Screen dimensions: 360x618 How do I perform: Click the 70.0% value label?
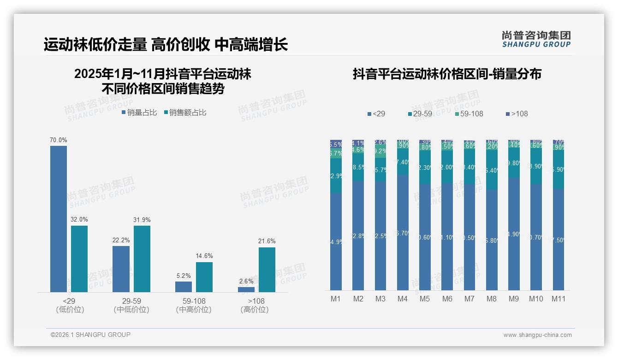coord(59,140)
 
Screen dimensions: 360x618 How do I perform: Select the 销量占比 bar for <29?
coord(59,219)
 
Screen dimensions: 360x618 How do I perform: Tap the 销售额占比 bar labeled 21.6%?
coord(267,270)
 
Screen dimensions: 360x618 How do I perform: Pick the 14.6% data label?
coord(204,256)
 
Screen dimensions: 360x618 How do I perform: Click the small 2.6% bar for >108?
coord(246,289)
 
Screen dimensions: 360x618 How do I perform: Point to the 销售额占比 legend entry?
coord(185,112)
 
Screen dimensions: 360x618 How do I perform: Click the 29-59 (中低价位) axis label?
coord(131,305)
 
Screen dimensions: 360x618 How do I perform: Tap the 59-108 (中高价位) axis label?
coord(194,305)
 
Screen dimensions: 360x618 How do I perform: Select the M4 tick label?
coord(402,299)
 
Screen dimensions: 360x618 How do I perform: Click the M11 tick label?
coord(559,299)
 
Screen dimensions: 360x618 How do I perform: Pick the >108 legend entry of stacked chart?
coord(517,114)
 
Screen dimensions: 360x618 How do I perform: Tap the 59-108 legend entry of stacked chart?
coord(469,114)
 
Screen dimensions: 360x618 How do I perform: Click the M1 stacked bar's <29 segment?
coord(336,241)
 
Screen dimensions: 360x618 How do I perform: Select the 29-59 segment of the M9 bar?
coord(514,163)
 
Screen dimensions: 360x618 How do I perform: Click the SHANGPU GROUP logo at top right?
coord(536,39)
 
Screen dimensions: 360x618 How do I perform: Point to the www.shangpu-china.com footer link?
coord(537,335)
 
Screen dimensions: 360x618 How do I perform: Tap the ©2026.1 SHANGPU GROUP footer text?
coord(90,335)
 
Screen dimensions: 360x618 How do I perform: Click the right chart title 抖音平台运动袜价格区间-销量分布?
coord(447,74)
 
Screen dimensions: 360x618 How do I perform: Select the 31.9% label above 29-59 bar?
coord(142,220)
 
